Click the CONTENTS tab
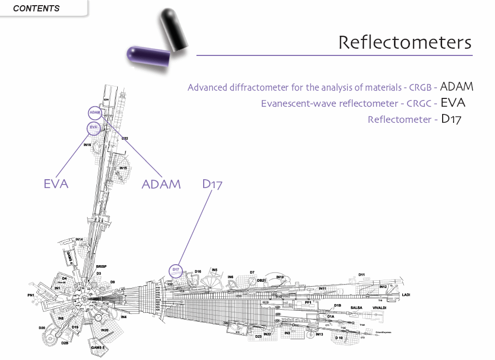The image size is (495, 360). click(36, 8)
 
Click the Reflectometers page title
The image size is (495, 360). click(405, 42)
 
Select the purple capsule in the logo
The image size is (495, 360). click(148, 54)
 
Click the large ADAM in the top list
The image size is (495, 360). click(456, 87)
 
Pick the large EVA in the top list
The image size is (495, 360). click(453, 103)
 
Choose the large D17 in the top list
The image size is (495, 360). click(451, 119)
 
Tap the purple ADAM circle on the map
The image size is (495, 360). click(95, 112)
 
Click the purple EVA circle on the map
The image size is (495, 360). click(93, 127)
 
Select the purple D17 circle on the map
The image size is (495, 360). click(176, 270)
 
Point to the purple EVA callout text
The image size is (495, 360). click(56, 183)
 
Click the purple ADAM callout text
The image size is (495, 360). click(161, 184)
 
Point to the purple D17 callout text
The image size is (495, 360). click(212, 184)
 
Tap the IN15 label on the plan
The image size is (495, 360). click(123, 168)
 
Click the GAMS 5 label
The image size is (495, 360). click(98, 347)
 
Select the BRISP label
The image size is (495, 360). click(101, 266)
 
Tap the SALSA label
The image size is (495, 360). click(357, 308)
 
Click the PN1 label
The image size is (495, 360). click(31, 295)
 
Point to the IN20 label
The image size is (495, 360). click(105, 330)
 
